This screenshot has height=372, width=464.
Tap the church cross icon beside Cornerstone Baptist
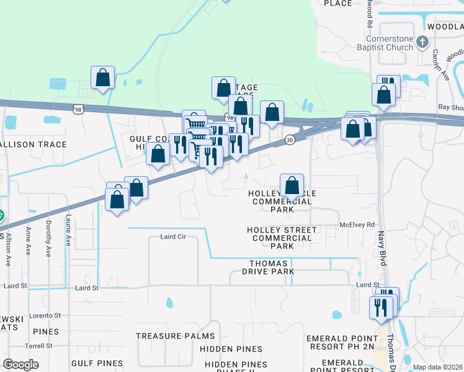(x=422, y=43)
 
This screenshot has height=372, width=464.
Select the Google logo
(x=20, y=365)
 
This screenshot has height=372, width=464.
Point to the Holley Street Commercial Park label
(x=282, y=238)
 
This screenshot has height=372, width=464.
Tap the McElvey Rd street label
(x=357, y=224)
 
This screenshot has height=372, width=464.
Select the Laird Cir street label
(x=173, y=237)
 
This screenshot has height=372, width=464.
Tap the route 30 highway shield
(x=290, y=141)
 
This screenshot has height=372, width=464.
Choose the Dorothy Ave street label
(x=48, y=238)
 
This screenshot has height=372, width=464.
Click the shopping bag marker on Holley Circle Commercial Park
(x=292, y=185)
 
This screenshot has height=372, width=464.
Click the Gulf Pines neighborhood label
(x=92, y=362)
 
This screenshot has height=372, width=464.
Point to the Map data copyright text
(x=438, y=367)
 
